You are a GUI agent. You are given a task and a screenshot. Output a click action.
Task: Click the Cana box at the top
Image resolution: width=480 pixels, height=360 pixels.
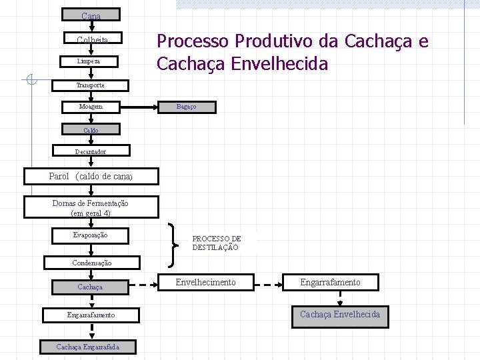(91, 15)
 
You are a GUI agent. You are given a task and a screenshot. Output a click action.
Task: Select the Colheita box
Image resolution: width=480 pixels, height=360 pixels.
(91, 39)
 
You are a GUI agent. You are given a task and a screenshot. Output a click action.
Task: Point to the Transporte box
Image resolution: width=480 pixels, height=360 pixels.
(91, 85)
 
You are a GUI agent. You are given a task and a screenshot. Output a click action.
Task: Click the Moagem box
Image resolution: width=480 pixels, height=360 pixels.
(91, 107)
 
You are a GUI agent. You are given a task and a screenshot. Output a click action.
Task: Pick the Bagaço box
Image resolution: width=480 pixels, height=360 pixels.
(187, 107)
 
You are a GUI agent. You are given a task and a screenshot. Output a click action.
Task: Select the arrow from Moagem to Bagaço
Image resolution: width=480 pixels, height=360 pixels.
(140, 107)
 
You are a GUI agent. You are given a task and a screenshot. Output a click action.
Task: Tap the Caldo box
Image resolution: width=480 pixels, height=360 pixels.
(91, 130)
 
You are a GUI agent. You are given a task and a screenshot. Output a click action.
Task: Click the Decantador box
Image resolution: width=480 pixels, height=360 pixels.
(91, 151)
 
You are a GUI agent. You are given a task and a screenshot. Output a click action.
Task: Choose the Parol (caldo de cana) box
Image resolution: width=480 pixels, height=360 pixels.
(91, 177)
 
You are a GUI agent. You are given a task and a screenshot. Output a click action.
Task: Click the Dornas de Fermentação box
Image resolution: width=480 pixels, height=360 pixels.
(91, 208)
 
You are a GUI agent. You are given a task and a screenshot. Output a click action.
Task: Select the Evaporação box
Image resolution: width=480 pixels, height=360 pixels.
(91, 235)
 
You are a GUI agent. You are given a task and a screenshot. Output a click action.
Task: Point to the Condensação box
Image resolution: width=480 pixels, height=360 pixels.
(92, 263)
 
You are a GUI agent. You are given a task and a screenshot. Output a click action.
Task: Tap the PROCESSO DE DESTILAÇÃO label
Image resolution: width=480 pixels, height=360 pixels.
(217, 243)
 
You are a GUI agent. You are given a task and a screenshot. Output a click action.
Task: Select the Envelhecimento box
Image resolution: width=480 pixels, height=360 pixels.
(205, 283)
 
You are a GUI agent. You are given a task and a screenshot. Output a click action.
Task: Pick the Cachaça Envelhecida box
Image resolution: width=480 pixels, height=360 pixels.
(340, 315)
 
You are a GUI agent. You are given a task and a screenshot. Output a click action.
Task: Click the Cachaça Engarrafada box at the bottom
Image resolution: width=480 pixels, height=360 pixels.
(88, 347)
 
